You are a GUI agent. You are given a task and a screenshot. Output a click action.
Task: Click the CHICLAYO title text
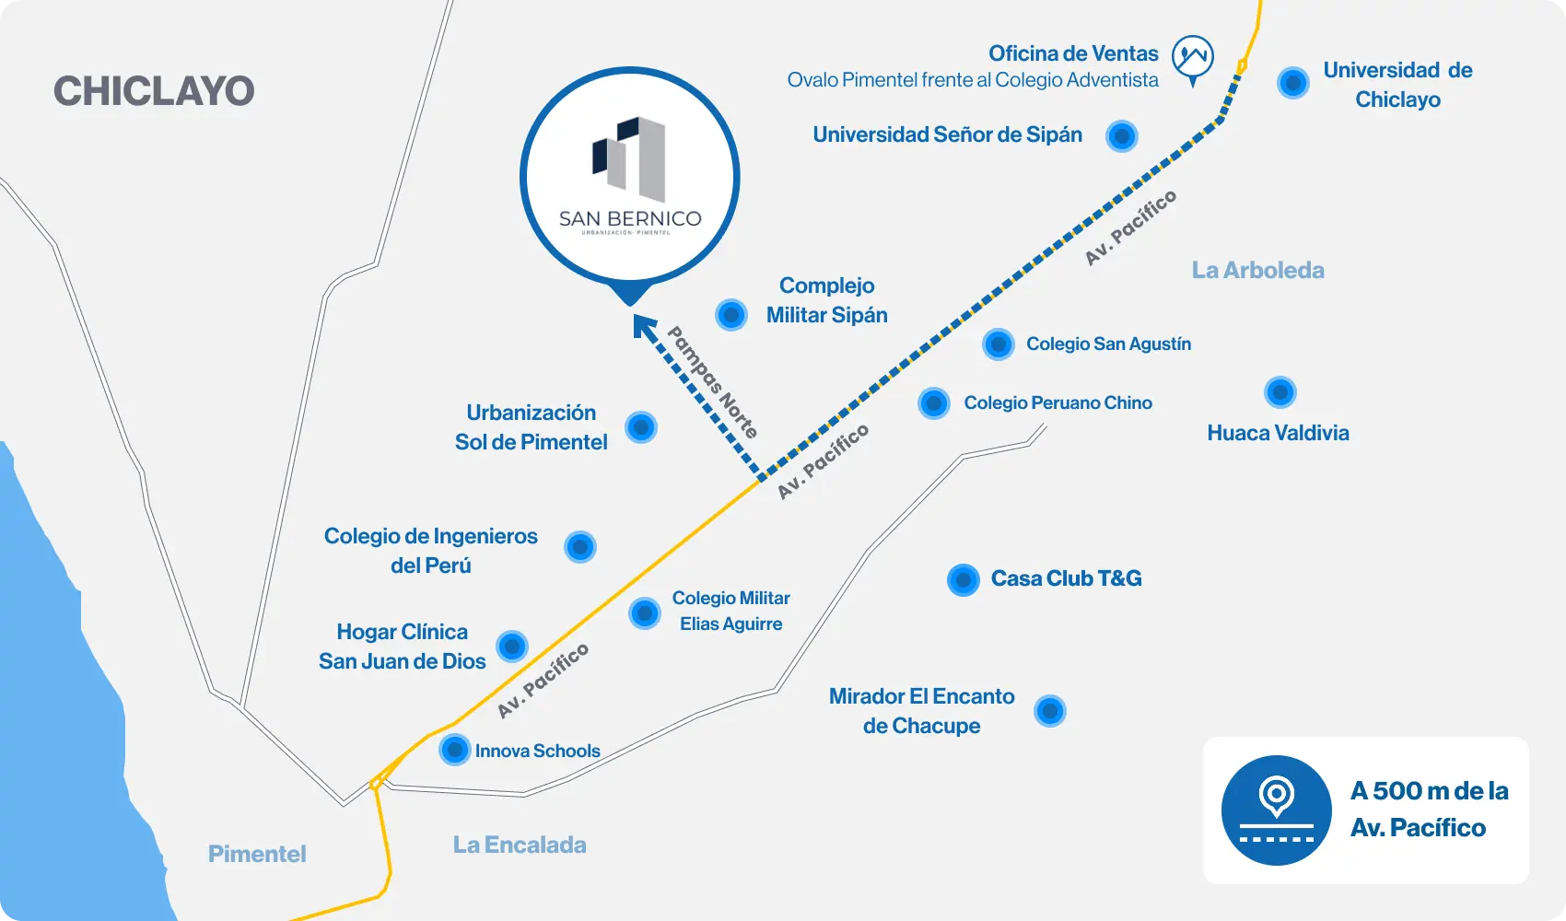[154, 91]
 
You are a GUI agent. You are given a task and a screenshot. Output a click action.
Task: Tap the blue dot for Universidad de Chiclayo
[1292, 83]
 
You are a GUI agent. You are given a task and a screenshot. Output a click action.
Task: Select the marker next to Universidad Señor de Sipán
[1121, 135]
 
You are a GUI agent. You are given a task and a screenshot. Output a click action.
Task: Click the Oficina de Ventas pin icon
[1193, 59]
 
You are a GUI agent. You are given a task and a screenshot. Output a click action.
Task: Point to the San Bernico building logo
[629, 158]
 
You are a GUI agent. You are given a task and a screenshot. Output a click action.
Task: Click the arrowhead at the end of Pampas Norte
[643, 326]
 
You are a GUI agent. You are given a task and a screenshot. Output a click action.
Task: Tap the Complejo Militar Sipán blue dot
[731, 314]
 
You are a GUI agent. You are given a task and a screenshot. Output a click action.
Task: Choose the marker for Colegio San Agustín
[999, 344]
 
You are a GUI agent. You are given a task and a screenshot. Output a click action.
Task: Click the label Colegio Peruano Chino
[1058, 403]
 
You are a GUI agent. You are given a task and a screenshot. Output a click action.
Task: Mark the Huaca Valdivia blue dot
[1280, 392]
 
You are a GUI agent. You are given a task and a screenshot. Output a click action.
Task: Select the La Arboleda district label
[1257, 271]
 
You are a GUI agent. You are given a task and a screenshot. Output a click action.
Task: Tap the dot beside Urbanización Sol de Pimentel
[641, 427]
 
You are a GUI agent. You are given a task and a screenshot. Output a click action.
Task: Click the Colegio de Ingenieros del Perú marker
[580, 546]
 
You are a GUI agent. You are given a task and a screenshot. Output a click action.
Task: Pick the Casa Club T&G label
[1066, 578]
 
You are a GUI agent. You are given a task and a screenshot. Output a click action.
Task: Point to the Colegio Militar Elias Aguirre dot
[645, 612]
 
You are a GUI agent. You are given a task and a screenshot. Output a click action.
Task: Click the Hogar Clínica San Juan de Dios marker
[512, 647]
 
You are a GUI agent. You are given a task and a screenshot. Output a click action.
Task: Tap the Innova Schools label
[538, 751]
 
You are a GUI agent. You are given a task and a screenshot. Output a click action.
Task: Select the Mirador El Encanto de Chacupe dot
[1049, 711]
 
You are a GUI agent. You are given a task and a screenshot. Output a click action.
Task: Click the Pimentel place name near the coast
[257, 854]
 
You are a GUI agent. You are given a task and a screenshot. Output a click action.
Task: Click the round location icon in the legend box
[1276, 810]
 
